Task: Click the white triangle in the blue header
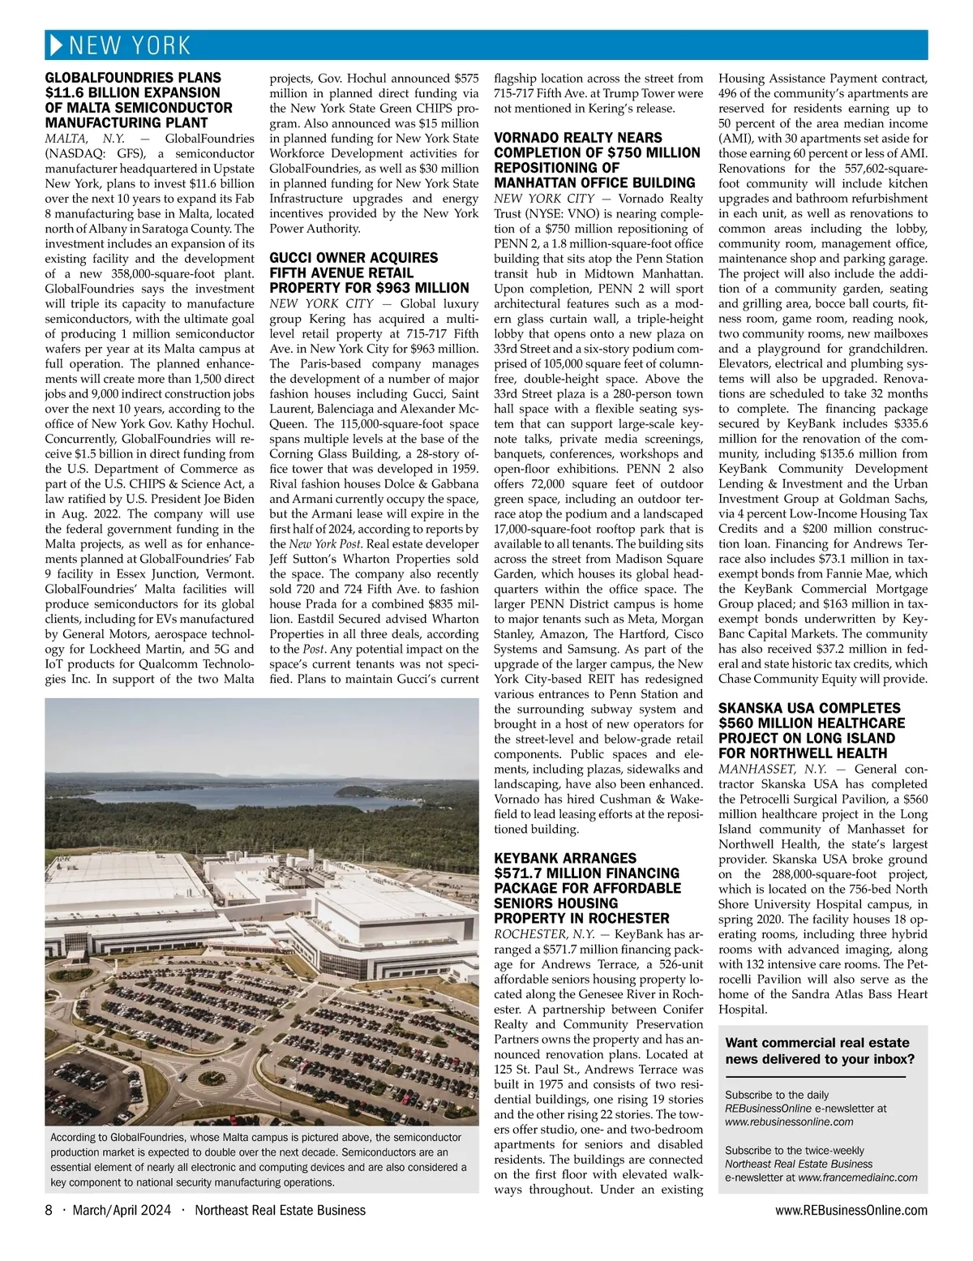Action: tap(56, 45)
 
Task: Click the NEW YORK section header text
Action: tap(130, 45)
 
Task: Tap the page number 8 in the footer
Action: tap(49, 1211)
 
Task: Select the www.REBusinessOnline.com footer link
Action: tap(851, 1211)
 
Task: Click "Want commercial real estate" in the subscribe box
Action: tap(817, 1043)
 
